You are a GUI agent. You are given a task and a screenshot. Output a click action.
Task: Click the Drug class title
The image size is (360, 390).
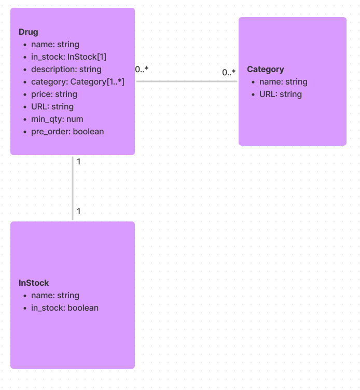point(29,32)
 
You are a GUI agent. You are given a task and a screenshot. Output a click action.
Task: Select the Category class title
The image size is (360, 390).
point(265,69)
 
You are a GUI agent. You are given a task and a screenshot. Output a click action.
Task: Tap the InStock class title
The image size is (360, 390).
point(34,283)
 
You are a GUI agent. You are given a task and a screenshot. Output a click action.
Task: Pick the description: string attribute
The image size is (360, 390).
point(66,69)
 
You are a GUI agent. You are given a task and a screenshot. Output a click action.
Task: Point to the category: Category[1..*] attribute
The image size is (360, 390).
point(77,82)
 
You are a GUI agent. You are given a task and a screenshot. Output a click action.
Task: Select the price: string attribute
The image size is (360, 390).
point(54,94)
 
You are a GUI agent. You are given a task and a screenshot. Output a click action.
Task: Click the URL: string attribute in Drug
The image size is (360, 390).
point(52,107)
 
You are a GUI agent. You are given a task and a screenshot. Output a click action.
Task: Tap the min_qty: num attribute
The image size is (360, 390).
point(57,119)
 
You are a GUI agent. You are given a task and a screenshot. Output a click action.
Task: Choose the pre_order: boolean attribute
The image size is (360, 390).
point(67,132)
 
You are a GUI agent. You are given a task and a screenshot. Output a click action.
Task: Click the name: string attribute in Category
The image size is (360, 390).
point(283,82)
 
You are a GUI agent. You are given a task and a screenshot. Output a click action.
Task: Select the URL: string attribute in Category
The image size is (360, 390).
point(280,94)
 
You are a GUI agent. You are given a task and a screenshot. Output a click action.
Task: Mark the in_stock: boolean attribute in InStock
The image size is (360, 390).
point(64,308)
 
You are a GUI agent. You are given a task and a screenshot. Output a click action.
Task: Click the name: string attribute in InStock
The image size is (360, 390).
point(55,296)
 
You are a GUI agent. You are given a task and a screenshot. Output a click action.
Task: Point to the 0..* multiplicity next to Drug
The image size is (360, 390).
point(142,69)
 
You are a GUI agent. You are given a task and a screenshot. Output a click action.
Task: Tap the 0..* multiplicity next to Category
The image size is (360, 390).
point(229,73)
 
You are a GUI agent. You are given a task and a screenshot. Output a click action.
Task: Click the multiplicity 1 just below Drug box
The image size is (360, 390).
point(78,162)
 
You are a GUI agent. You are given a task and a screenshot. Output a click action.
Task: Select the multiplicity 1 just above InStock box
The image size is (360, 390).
point(78,212)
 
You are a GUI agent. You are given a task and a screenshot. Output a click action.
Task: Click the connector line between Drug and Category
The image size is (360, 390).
point(187,81)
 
